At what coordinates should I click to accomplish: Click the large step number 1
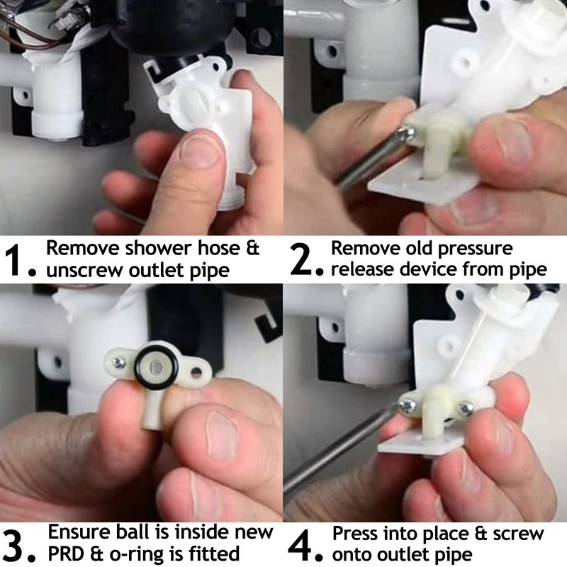(13, 259)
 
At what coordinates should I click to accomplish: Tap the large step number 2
(300, 259)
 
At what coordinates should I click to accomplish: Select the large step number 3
(13, 544)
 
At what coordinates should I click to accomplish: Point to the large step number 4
(300, 544)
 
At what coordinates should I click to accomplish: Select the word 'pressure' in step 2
(475, 249)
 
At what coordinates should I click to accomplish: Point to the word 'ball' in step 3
(133, 532)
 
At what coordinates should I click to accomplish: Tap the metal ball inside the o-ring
(156, 368)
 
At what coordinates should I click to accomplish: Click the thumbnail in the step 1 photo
(201, 149)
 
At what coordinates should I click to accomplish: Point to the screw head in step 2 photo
(406, 133)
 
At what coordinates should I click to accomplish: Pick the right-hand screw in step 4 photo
(466, 409)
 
